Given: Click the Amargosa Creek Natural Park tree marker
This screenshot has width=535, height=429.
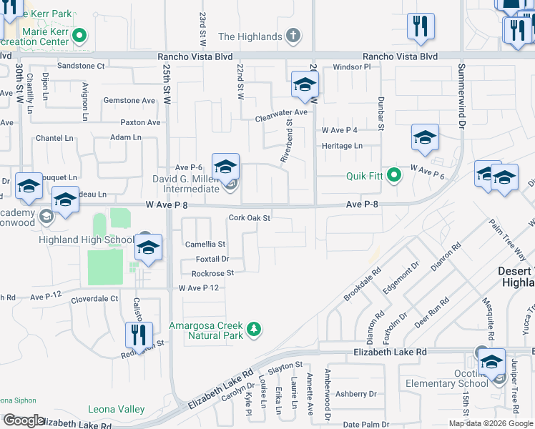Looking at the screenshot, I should [x=252, y=329].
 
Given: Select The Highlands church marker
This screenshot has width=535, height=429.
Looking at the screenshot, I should [x=293, y=36].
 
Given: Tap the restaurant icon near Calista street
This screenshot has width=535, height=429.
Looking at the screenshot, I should [x=139, y=335].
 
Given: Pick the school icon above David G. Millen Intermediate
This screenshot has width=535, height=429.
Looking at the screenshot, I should [x=225, y=167].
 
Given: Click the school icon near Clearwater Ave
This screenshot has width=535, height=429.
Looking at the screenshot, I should [x=305, y=85].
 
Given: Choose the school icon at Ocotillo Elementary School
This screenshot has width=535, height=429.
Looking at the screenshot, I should [x=491, y=362].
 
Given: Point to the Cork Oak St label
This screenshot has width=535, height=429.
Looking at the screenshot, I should [x=250, y=218].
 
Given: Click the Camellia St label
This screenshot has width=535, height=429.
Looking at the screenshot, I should [x=205, y=245].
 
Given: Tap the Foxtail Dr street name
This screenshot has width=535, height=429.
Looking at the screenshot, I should [x=212, y=259].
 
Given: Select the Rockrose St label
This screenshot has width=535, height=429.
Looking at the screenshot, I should [x=212, y=273].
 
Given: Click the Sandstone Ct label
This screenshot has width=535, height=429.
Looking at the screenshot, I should [x=81, y=66].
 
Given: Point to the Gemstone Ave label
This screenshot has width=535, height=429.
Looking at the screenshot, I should [x=132, y=101].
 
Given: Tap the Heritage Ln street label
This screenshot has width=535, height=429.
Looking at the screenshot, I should [x=341, y=146].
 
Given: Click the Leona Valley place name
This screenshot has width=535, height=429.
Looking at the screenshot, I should [x=116, y=410].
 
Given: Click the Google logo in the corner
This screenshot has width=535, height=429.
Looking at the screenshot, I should [x=24, y=420].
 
